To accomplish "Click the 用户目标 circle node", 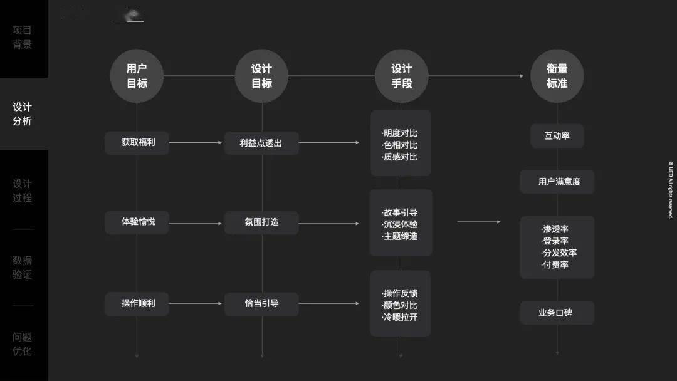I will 137,76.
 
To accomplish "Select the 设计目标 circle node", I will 261,76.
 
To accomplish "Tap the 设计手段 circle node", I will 401,76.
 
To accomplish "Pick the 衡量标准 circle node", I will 557,76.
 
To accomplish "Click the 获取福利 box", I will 137,142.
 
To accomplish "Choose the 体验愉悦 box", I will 137,222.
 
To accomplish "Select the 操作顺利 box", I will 137,303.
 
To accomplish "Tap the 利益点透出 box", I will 261,143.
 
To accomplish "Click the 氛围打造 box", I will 261,222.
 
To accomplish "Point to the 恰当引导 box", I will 261,303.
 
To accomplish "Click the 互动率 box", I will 557,136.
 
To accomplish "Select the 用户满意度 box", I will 557,182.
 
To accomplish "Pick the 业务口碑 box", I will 557,313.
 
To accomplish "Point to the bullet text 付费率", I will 555,264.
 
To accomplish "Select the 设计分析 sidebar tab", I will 23,114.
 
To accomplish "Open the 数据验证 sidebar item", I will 23,267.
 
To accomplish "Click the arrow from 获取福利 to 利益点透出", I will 196,142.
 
